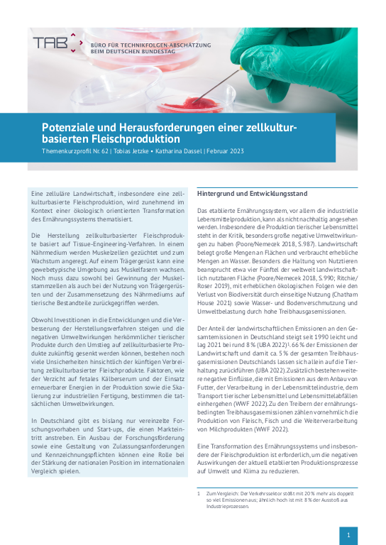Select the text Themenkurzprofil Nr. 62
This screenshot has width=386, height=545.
click(x=75, y=151)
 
